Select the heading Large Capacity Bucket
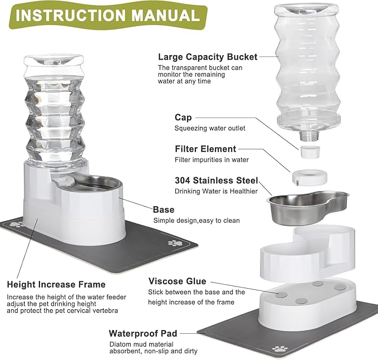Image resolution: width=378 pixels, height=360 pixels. [208, 56]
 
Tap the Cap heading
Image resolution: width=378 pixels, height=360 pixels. [183, 118]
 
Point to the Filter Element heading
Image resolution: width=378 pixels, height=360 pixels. [205, 149]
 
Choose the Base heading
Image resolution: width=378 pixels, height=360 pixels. [164, 210]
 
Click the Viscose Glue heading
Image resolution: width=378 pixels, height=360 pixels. [177, 281]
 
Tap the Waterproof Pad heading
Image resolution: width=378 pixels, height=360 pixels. [143, 333]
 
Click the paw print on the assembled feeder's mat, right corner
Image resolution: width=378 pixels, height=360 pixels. [176, 244]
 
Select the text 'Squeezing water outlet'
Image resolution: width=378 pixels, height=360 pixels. [210, 128]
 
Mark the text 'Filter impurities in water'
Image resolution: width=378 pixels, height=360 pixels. [212, 160]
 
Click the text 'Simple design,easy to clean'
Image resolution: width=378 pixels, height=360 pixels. [197, 220]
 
